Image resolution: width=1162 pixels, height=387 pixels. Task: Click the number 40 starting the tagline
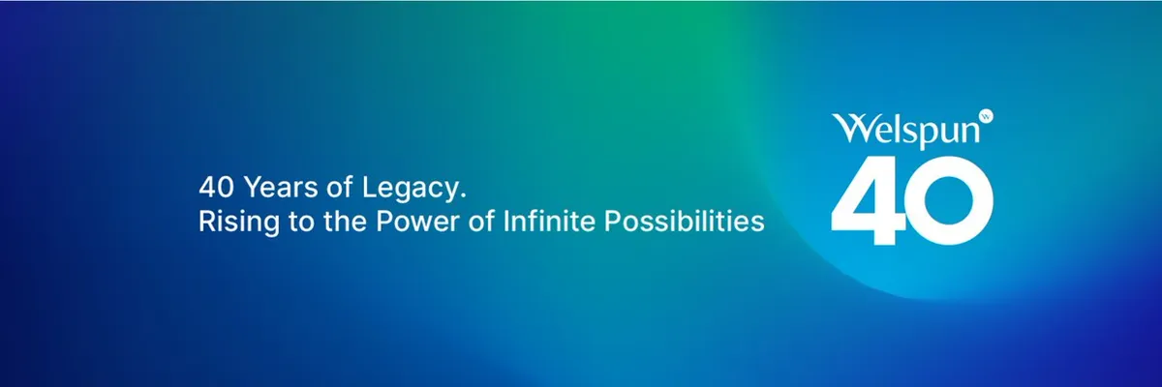coord(216,187)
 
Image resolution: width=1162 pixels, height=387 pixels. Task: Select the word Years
coord(281,187)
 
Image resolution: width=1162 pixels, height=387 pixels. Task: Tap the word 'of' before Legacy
coord(340,187)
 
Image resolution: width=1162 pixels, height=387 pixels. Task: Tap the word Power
coord(417,222)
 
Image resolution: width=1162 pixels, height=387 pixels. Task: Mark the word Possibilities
coord(685,221)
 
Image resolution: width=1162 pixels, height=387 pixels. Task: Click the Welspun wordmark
coord(906,131)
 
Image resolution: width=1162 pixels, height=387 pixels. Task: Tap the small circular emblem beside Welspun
coord(986,116)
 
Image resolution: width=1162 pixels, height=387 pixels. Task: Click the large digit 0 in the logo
coord(952,200)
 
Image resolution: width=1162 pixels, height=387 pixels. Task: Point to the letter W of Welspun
coord(850,128)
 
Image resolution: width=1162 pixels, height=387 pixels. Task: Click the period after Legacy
coord(463,195)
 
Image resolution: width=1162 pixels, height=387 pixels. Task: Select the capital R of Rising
coord(206,222)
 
